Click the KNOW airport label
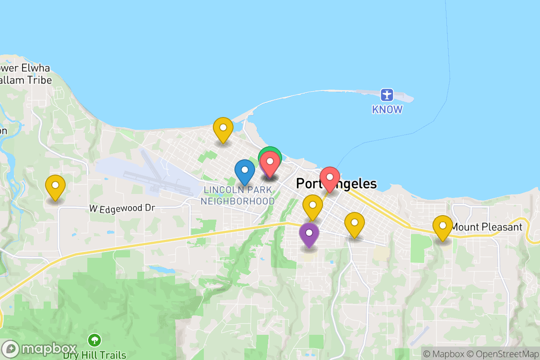pyautogui.click(x=387, y=109)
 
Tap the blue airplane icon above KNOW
pyautogui.click(x=387, y=95)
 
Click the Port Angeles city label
pyautogui.click(x=336, y=184)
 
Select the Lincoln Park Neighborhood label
pyautogui.click(x=238, y=195)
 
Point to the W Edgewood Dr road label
pyautogui.click(x=121, y=208)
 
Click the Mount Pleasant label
pyautogui.click(x=486, y=227)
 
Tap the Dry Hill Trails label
pyautogui.click(x=94, y=355)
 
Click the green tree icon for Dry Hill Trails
pyautogui.click(x=94, y=339)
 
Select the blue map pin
pyautogui.click(x=245, y=171)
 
